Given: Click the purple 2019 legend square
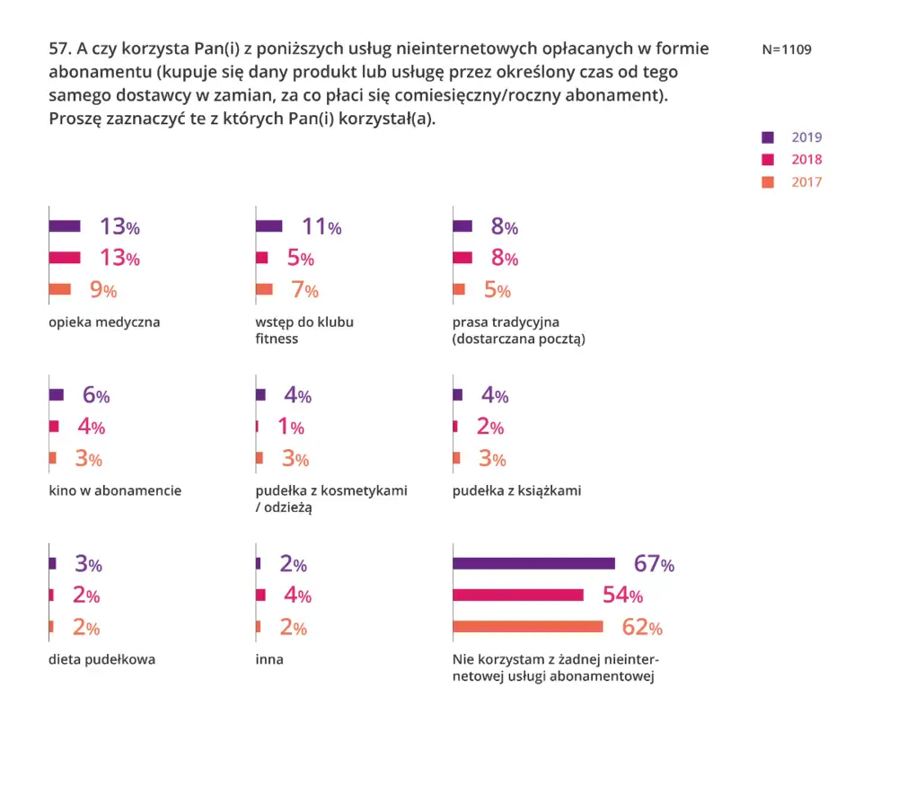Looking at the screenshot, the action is (x=768, y=137).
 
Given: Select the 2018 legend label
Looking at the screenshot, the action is (x=806, y=159).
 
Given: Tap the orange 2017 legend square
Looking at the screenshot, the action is (x=768, y=182).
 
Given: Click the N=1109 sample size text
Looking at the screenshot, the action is (x=787, y=49).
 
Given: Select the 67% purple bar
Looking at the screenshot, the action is (x=533, y=564).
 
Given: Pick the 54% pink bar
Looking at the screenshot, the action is (x=518, y=595).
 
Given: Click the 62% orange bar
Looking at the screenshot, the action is (x=527, y=627).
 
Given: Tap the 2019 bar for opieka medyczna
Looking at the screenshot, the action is (x=65, y=226).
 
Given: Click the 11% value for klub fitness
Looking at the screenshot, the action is (x=321, y=227).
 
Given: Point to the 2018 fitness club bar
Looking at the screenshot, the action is (x=261, y=258).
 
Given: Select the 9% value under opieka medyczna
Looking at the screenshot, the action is (x=103, y=290).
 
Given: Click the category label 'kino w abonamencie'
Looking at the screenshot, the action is (x=115, y=490).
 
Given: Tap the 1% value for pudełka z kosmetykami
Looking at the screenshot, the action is (x=291, y=427).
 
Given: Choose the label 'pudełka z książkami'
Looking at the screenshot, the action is (x=516, y=490).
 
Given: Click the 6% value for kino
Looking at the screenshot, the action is (x=96, y=394).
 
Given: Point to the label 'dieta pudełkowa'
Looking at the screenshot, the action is (x=102, y=659).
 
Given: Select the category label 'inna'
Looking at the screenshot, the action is (x=269, y=659).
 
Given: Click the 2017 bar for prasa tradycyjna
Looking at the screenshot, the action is (x=459, y=289).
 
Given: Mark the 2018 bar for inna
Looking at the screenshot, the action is (x=260, y=595).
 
